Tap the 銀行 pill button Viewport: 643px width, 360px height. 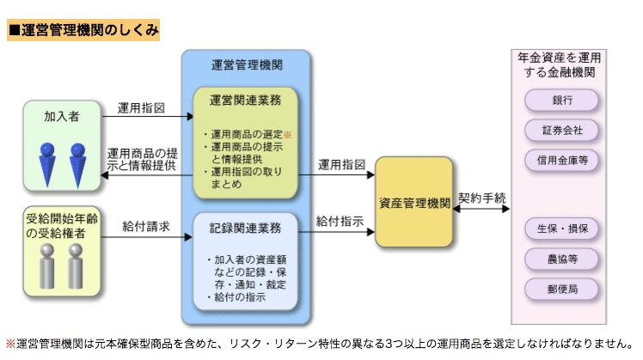coord(562,100)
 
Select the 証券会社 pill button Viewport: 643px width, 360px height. coord(562,131)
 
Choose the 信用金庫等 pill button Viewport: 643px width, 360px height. coord(562,161)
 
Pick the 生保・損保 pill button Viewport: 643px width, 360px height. coord(562,229)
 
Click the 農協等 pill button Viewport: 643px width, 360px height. coord(562,259)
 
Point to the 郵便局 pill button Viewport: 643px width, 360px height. coord(562,289)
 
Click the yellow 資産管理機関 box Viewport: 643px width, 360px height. coord(414,203)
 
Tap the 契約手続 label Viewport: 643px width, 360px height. coord(482,198)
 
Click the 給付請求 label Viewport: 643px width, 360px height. coord(145,226)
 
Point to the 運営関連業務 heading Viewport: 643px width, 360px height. coord(245,101)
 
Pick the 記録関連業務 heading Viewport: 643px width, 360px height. coord(245,229)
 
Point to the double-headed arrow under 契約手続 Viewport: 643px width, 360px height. coord(482,210)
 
